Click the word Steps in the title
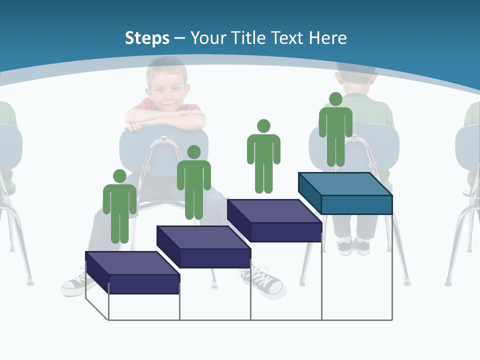click(x=147, y=38)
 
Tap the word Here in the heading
click(x=327, y=38)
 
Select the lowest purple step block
click(x=132, y=273)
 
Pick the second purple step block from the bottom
click(x=204, y=247)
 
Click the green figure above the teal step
click(x=335, y=132)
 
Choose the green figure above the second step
click(x=193, y=185)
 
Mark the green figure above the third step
click(x=263, y=159)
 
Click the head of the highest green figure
click(x=335, y=99)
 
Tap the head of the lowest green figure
click(x=119, y=176)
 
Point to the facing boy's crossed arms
click(x=165, y=119)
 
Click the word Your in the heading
click(x=208, y=38)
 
